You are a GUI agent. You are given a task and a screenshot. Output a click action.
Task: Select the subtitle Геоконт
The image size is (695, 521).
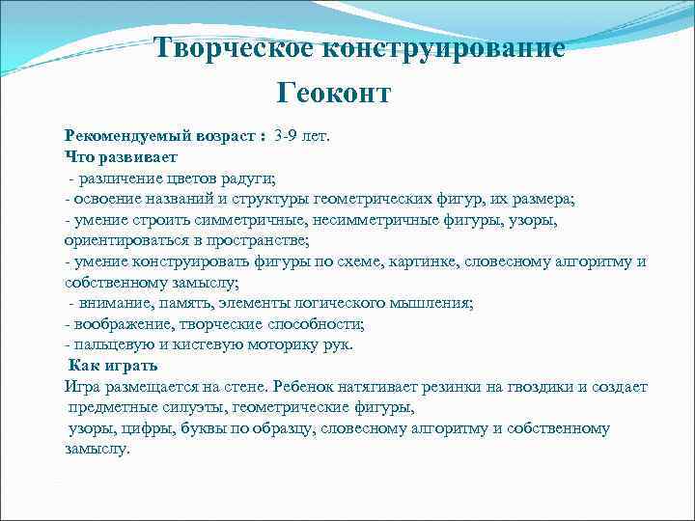point(334,93)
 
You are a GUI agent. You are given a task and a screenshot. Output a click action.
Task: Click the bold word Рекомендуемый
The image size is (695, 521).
point(122,137)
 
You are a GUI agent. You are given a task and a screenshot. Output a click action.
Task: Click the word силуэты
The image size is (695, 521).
point(193,407)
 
